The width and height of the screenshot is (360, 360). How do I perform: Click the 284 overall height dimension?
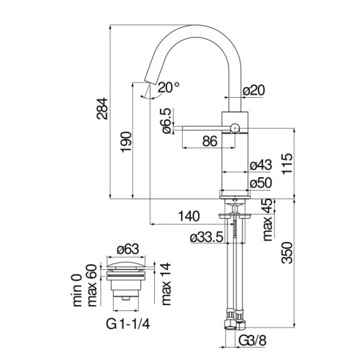(x=102, y=109)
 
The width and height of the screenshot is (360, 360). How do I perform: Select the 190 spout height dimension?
(x=126, y=142)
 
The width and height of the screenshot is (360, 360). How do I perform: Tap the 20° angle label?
(x=168, y=87)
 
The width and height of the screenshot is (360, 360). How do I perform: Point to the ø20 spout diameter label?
(x=253, y=91)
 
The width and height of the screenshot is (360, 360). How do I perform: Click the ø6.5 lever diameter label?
(x=166, y=121)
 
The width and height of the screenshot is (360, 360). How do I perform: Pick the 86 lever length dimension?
(x=210, y=141)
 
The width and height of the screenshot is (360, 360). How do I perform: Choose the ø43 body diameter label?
(x=261, y=165)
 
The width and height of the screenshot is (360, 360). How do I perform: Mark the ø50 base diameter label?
(x=261, y=183)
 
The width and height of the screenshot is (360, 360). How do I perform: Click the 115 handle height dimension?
(x=287, y=163)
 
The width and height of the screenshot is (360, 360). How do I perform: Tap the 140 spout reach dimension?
(x=189, y=216)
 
